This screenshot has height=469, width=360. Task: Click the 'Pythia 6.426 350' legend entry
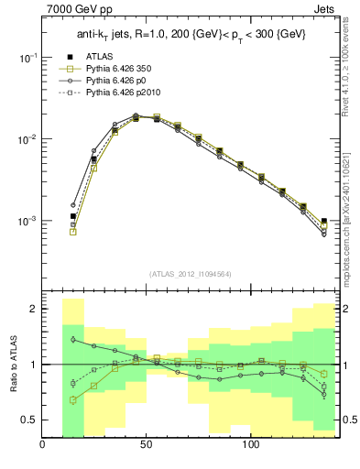point(111,69)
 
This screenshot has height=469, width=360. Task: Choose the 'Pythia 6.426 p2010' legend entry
point(115,93)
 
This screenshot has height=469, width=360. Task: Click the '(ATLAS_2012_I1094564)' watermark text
point(191,273)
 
